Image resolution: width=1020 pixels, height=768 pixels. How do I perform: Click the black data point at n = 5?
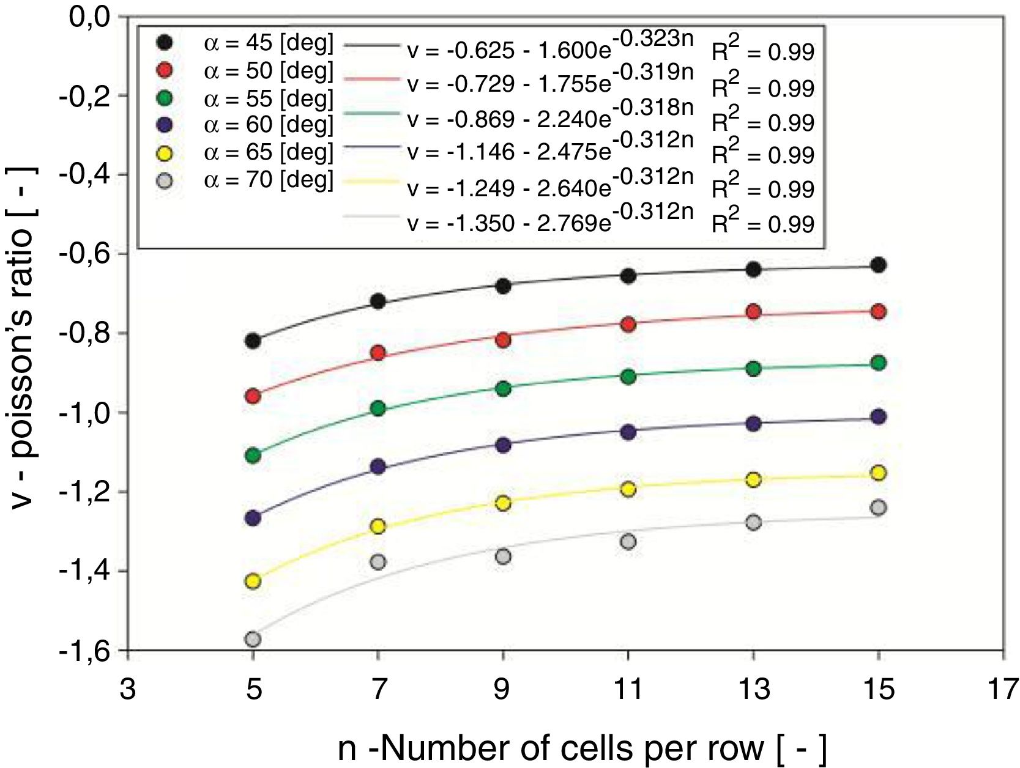click(253, 341)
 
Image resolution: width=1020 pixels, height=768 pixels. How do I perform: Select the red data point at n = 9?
click(503, 340)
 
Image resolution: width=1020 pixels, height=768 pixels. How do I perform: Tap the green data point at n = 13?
click(753, 368)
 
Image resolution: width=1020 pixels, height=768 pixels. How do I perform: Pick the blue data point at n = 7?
click(378, 467)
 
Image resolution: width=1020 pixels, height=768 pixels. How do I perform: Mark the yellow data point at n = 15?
click(879, 473)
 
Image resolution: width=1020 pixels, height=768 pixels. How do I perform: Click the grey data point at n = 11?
click(628, 542)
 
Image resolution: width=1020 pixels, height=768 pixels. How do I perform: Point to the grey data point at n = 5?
click(253, 640)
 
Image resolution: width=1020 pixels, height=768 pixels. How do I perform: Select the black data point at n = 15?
click(879, 265)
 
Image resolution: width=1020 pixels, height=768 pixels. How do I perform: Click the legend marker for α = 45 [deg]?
click(165, 42)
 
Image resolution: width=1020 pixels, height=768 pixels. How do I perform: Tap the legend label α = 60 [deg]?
click(269, 125)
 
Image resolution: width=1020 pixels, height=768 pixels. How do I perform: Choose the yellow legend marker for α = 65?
click(165, 152)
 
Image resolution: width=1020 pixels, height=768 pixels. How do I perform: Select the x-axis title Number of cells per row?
click(581, 748)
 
